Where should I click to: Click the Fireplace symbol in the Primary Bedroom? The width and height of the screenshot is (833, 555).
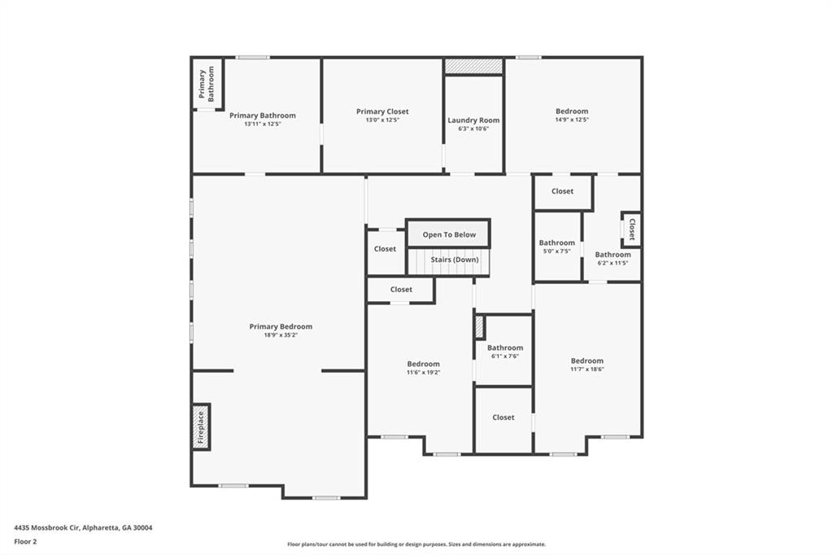tap(201, 427)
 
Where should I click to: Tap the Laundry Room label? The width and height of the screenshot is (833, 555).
tap(473, 120)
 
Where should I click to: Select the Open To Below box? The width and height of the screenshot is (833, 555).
tap(449, 234)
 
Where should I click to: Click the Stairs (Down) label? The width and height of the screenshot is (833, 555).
tap(455, 260)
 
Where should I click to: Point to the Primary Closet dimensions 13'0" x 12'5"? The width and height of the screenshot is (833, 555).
tap(382, 120)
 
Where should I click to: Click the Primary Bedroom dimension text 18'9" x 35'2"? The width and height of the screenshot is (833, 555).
tap(281, 335)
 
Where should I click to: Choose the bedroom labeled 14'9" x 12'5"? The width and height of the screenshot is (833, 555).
tap(572, 111)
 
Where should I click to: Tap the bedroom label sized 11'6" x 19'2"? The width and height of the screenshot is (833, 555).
tap(423, 364)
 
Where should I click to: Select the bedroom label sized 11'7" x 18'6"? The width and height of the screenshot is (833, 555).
tap(587, 361)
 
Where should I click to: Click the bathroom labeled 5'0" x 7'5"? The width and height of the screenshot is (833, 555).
tap(556, 243)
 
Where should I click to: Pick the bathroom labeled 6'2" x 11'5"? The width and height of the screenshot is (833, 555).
tap(613, 255)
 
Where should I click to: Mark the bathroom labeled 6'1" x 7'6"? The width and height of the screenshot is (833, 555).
tap(504, 347)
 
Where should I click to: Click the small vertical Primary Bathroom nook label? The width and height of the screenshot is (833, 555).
tap(207, 84)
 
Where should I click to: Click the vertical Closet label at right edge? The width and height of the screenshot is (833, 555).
tap(630, 229)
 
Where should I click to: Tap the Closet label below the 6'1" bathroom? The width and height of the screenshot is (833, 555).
tap(503, 417)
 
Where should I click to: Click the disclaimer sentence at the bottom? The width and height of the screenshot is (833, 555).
tap(416, 544)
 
